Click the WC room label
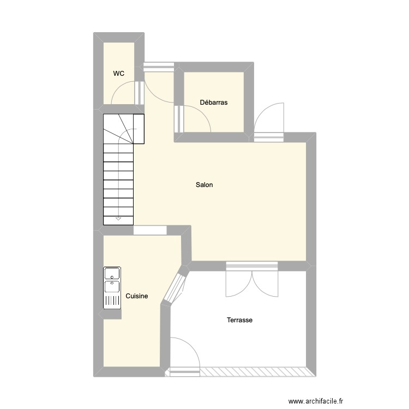[x=119, y=73]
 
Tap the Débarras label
[x=214, y=102]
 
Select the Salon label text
[x=204, y=185]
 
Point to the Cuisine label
[x=137, y=296]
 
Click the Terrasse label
[x=239, y=320]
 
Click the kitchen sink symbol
[x=112, y=279]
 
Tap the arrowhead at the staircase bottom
[x=118, y=219]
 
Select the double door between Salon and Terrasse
[x=252, y=283]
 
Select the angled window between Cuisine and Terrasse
[x=175, y=288]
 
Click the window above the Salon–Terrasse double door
[x=252, y=266]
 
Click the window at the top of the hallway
[x=159, y=67]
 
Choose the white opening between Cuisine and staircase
[x=150, y=230]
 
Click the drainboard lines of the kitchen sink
[x=112, y=300]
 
